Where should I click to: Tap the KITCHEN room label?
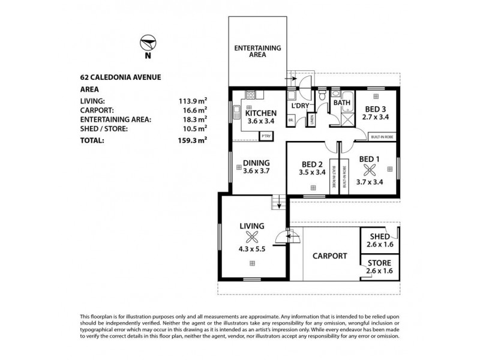tap(260, 113)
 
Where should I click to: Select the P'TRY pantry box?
tap(265, 136)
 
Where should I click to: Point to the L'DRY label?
tap(299, 106)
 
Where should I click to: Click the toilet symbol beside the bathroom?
tap(323, 96)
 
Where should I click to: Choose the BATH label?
tap(342, 103)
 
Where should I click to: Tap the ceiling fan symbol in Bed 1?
tap(369, 169)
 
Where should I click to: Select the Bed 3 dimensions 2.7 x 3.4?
tap(376, 117)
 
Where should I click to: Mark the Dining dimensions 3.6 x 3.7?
tap(256, 170)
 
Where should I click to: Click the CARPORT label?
tap(330, 256)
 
